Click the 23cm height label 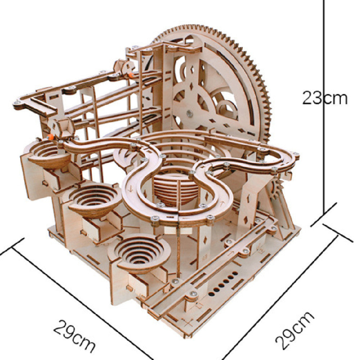tap(324, 98)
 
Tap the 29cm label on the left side tap(74, 336)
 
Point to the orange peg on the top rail tap(131, 75)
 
